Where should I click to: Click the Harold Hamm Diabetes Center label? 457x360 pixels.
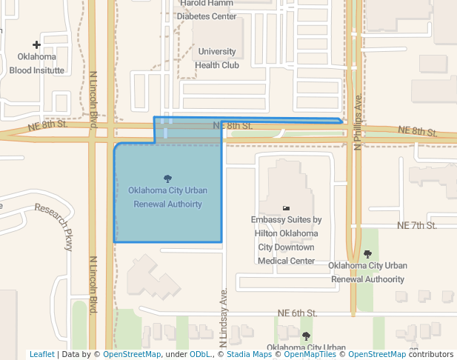(208, 10)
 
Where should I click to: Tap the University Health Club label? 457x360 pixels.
(216, 59)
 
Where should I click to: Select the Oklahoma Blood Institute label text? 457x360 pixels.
(36, 64)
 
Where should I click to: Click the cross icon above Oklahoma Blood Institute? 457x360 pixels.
(36, 45)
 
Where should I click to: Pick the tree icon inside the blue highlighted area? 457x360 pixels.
(167, 178)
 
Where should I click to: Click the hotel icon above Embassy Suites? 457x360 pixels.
(286, 208)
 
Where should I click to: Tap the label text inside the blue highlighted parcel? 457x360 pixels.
(167, 197)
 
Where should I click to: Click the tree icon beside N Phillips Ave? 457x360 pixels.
(367, 254)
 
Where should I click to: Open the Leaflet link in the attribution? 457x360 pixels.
(41, 355)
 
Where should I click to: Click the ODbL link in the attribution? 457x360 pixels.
(199, 355)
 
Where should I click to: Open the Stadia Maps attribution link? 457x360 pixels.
(249, 355)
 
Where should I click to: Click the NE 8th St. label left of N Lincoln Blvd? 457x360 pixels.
(48, 126)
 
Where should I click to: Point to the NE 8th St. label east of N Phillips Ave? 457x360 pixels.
(417, 131)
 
